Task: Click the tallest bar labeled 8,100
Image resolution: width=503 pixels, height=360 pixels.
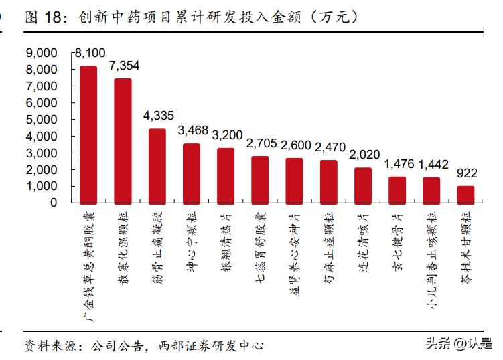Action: [x=88, y=134]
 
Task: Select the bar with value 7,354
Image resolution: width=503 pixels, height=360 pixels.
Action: [x=123, y=140]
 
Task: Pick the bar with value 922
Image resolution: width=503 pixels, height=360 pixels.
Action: [x=465, y=194]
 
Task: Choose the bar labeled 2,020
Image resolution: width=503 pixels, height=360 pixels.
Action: [x=363, y=185]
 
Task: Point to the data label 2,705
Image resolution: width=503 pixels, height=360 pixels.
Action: [x=260, y=143]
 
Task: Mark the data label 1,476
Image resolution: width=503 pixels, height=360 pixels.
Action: [x=397, y=163]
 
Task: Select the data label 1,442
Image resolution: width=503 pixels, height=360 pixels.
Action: [x=431, y=164]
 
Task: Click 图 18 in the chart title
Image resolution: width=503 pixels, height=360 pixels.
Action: [x=44, y=18]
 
